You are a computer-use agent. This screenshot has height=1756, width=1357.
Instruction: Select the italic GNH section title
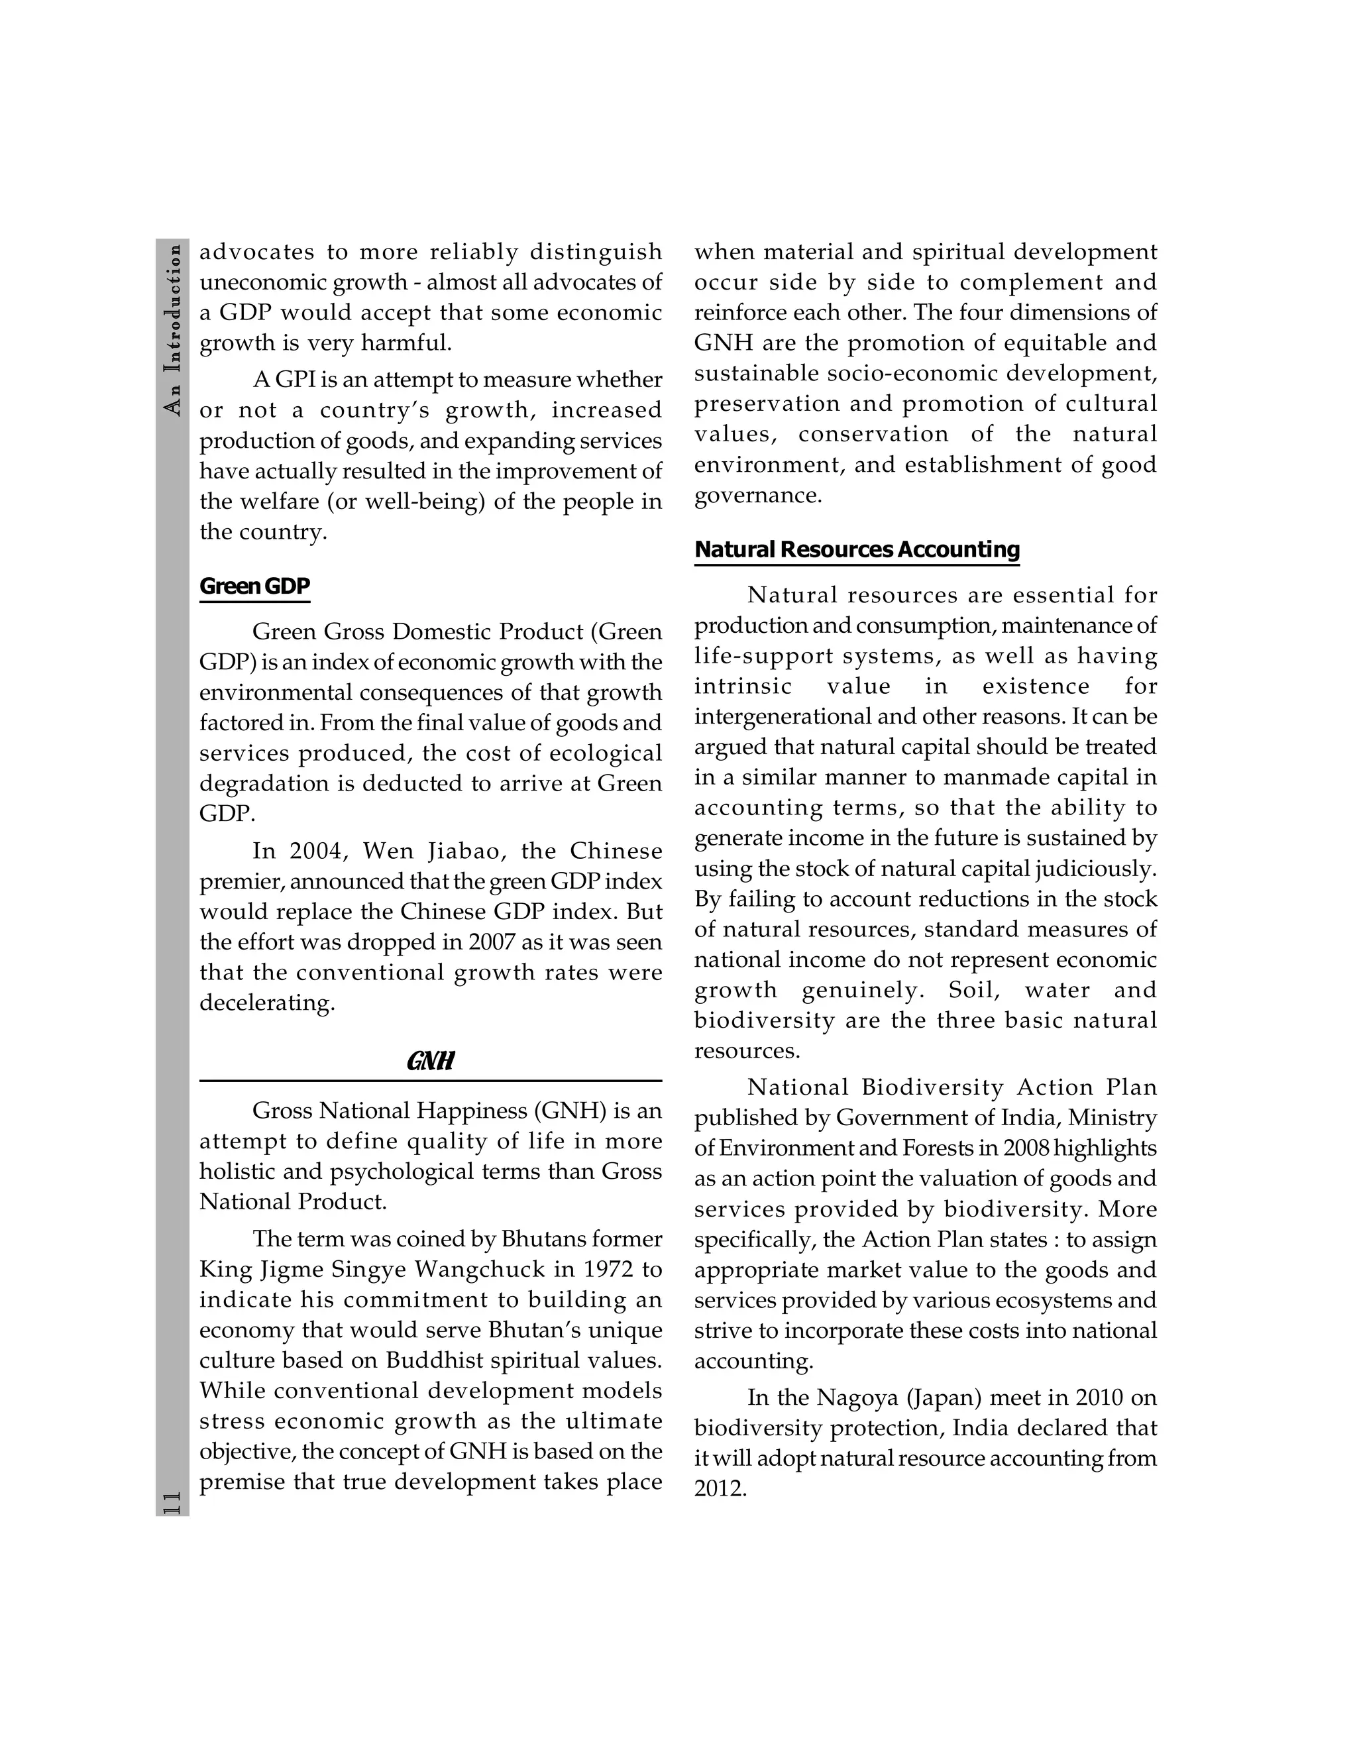[430, 1062]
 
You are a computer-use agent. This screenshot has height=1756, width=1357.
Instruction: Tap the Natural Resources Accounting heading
[856, 549]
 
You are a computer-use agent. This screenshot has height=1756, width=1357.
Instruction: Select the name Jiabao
[465, 851]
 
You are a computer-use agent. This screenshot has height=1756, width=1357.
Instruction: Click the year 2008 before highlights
[1026, 1148]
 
